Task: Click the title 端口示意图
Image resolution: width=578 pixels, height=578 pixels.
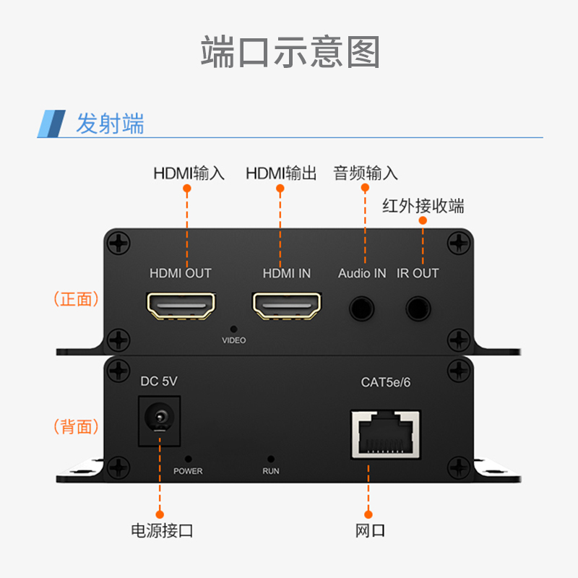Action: [289, 53]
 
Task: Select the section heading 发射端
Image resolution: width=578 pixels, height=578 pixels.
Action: [110, 124]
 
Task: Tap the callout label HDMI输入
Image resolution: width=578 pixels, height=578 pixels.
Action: [189, 173]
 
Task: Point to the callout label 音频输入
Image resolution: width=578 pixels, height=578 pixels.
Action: [365, 173]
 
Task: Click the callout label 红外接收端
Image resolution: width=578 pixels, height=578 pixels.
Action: [423, 206]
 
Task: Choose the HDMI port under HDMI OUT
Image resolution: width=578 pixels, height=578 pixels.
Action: [181, 306]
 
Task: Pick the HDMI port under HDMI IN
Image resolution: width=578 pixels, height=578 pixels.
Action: [287, 306]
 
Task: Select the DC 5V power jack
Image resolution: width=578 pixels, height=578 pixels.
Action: [159, 418]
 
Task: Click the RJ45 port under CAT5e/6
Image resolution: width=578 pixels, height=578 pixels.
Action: [384, 433]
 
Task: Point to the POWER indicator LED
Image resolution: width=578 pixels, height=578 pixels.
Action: [189, 458]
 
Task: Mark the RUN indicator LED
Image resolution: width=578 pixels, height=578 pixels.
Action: [271, 458]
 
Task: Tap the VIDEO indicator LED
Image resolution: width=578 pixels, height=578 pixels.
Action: [233, 328]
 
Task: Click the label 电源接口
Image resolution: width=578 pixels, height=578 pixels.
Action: [161, 531]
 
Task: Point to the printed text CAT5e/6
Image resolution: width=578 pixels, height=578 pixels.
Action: [385, 382]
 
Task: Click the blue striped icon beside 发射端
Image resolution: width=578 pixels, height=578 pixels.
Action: [52, 124]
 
